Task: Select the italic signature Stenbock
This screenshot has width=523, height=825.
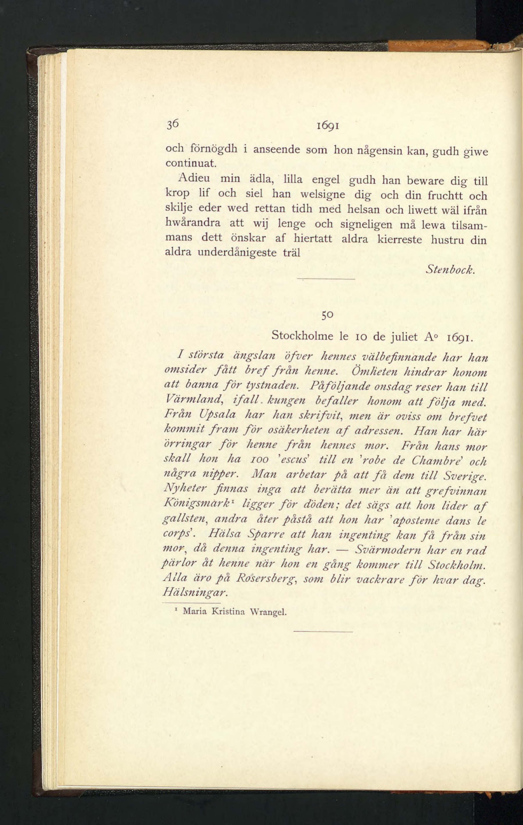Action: pyautogui.click(x=450, y=270)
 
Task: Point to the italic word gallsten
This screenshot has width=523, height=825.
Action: pyautogui.click(x=185, y=520)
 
